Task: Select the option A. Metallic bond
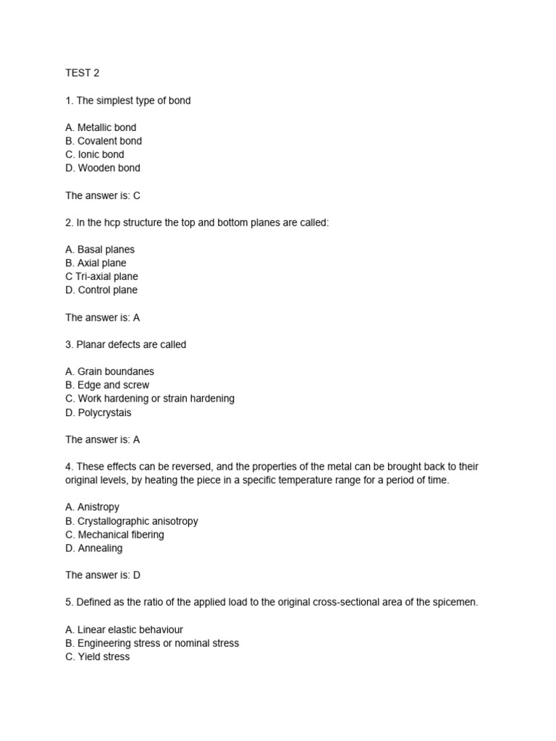click(x=101, y=127)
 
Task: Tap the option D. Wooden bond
click(x=103, y=168)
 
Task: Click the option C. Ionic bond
click(x=95, y=154)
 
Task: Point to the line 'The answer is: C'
click(x=103, y=195)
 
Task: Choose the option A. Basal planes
click(x=100, y=250)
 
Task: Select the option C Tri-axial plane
click(x=101, y=276)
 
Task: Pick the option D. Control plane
click(x=101, y=290)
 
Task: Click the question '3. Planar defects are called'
click(x=125, y=344)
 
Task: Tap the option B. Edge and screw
click(x=107, y=385)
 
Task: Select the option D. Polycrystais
click(x=98, y=412)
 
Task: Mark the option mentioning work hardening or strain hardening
click(x=150, y=399)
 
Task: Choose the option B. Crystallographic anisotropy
click(x=132, y=521)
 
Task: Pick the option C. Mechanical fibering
click(x=114, y=535)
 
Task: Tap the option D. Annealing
click(x=94, y=548)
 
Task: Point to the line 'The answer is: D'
click(x=103, y=575)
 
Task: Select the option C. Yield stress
click(x=98, y=656)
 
